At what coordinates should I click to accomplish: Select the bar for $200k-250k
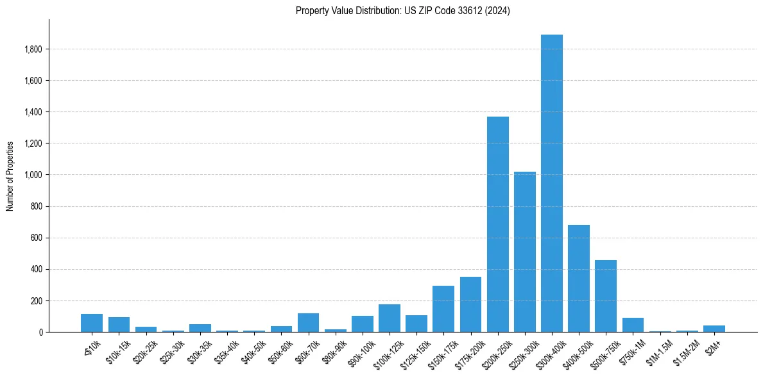point(497,224)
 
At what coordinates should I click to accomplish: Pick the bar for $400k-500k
point(578,278)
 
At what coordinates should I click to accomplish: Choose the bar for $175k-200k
point(470,304)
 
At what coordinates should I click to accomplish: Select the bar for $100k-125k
point(390,318)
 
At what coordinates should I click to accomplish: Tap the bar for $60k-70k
point(308,323)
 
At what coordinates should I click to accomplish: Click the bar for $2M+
point(714,329)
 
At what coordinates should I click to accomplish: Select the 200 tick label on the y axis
point(36,300)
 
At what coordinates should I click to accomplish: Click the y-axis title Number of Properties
point(10,176)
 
